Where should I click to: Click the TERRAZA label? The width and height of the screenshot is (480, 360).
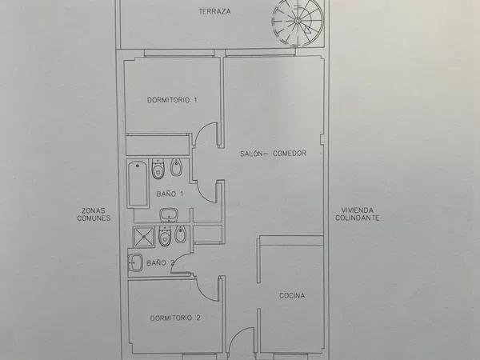[214, 12]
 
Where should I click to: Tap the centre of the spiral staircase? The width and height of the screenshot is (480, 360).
[298, 21]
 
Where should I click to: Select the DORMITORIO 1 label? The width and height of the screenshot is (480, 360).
[172, 100]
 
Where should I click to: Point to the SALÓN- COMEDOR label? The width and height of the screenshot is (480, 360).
[273, 154]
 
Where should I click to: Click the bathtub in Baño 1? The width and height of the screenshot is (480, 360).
[138, 183]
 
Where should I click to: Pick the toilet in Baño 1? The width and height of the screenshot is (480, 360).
[158, 169]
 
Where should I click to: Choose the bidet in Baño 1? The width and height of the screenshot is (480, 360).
[176, 167]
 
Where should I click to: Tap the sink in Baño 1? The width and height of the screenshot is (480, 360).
[169, 215]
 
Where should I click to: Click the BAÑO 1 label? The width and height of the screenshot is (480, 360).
[170, 194]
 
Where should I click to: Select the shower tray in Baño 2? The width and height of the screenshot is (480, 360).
[143, 237]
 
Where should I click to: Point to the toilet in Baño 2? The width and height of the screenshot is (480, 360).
[165, 236]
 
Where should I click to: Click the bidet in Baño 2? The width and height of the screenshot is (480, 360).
[180, 234]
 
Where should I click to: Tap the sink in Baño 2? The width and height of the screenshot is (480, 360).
[135, 262]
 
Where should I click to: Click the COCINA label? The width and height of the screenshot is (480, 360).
[292, 296]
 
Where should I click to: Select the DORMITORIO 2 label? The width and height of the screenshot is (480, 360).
[175, 318]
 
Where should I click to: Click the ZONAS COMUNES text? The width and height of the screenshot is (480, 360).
[94, 214]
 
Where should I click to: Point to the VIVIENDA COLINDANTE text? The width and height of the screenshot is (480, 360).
[358, 214]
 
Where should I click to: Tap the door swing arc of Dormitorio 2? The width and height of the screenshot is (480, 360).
[202, 292]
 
